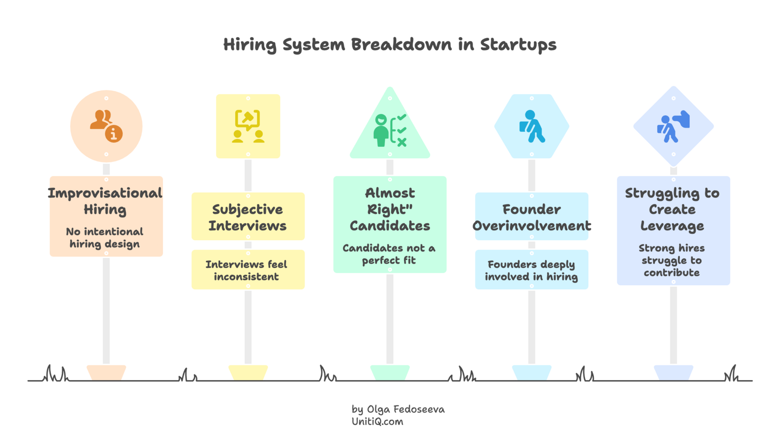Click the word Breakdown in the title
click(x=401, y=45)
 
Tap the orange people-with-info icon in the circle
click(x=106, y=126)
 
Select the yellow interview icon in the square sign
click(x=248, y=126)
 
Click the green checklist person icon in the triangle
click(x=390, y=131)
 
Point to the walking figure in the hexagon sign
click(x=532, y=126)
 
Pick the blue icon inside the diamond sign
click(x=673, y=126)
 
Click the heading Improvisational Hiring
click(x=105, y=201)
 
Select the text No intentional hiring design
click(x=104, y=238)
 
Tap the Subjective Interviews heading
click(x=247, y=217)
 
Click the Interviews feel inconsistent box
click(x=247, y=270)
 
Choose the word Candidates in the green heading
click(x=390, y=226)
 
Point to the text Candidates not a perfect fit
click(x=389, y=254)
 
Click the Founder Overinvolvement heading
click(x=532, y=217)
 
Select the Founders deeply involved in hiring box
click(x=532, y=270)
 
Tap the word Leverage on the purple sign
click(x=672, y=226)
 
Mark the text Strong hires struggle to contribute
click(x=672, y=260)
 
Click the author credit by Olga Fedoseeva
click(x=398, y=409)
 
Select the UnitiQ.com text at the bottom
click(x=377, y=422)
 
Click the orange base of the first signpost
click(x=106, y=371)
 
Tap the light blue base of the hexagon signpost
click(x=532, y=371)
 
